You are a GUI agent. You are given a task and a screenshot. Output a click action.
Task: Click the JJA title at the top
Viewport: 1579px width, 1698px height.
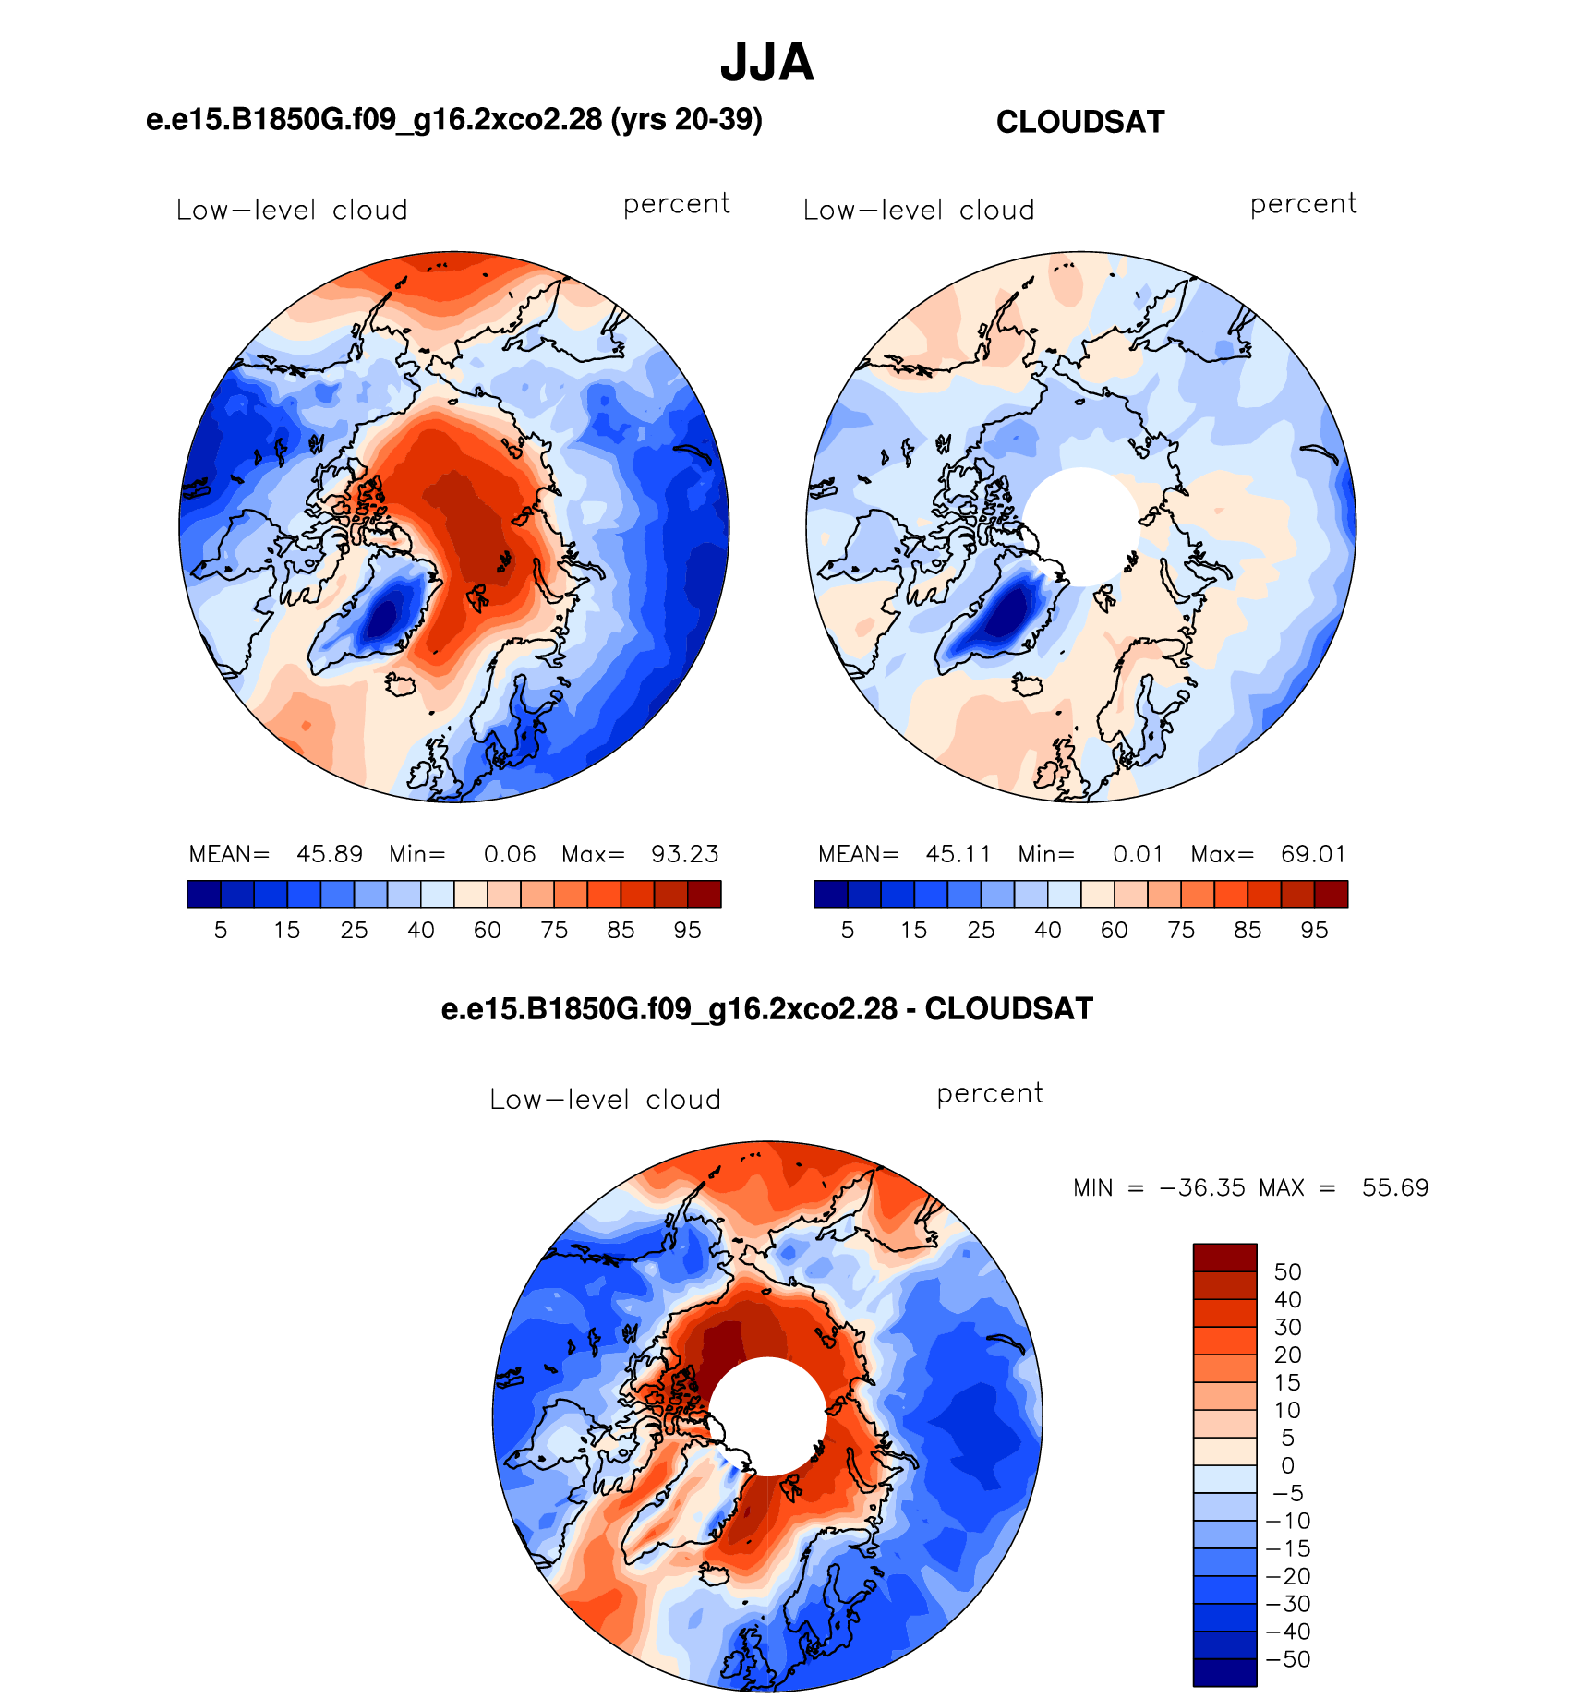766,63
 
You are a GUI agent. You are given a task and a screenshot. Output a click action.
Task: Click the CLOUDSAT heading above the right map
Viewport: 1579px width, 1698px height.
1080,122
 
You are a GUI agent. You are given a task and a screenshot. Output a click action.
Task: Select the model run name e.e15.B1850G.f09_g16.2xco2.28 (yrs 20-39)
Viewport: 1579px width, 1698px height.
454,119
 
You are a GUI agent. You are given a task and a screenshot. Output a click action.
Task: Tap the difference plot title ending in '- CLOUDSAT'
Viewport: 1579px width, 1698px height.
766,1008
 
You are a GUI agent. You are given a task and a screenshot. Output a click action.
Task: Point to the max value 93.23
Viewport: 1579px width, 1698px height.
685,854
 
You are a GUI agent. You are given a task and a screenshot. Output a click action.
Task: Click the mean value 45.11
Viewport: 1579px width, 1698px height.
958,854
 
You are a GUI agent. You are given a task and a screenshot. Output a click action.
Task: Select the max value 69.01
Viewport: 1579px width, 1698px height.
1313,854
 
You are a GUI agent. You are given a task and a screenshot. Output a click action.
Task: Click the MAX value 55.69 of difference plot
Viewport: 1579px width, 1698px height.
1395,1187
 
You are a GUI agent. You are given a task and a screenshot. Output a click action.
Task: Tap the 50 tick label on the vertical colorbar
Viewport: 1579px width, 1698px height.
1287,1271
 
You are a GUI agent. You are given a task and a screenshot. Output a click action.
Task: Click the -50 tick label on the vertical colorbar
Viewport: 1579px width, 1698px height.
1288,1659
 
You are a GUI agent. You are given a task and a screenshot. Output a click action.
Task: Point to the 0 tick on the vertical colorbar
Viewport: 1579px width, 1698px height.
1287,1465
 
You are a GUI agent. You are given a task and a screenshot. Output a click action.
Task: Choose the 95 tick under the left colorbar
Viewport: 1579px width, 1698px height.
687,930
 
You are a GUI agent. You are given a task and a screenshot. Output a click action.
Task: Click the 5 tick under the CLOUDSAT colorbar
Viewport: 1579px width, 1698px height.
848,930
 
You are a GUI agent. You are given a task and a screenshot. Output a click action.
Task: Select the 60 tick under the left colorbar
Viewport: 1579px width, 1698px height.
487,930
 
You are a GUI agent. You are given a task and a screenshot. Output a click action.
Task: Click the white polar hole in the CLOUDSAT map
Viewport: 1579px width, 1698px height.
1080,526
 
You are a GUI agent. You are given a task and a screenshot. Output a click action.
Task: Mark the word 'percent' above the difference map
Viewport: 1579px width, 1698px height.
990,1093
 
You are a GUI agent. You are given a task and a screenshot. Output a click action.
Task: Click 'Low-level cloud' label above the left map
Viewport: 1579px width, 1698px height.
292,210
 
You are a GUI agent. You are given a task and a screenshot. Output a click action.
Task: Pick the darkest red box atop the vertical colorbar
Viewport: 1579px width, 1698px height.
1224,1258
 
